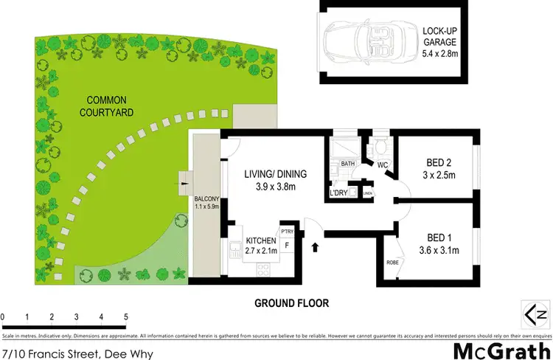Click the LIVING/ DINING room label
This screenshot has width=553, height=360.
click(x=270, y=180)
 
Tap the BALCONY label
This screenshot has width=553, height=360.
click(x=204, y=204)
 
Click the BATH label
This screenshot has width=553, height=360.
click(x=348, y=164)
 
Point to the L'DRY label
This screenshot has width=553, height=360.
click(x=338, y=193)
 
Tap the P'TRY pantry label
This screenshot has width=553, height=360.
click(x=287, y=230)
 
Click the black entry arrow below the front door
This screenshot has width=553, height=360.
click(x=316, y=247)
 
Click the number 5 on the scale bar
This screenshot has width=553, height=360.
click(x=126, y=316)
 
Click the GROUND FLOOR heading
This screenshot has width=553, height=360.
click(x=291, y=302)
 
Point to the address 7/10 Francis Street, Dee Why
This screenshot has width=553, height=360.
click(x=77, y=354)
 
